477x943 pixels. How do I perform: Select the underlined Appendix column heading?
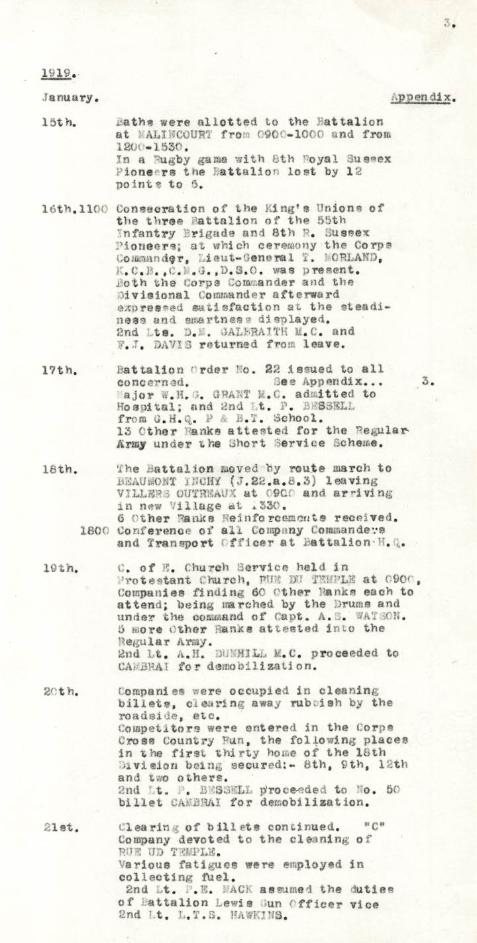coord(421,97)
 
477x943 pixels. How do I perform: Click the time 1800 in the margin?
coord(93,530)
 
